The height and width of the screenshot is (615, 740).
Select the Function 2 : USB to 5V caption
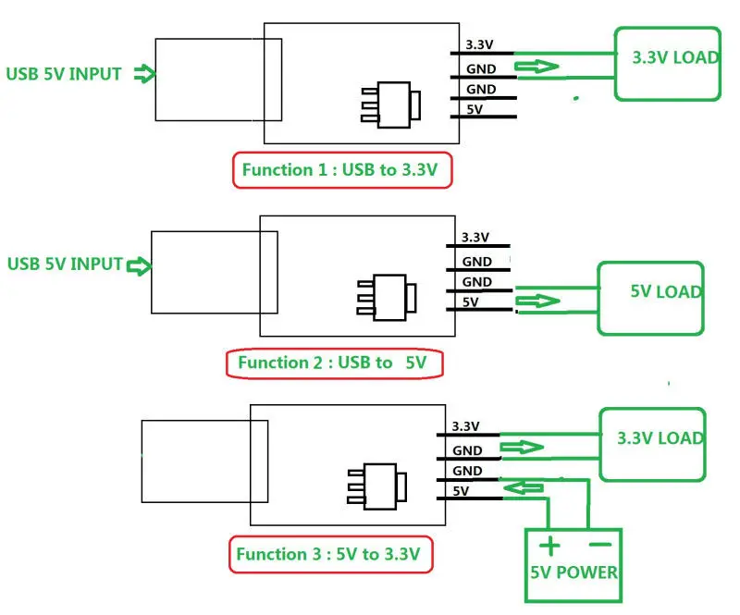point(335,363)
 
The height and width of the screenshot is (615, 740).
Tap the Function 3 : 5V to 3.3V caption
point(330,555)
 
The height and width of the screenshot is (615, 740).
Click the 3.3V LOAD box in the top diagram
point(669,63)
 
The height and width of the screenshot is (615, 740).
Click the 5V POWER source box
point(573,566)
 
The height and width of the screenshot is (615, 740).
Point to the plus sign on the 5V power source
point(550,545)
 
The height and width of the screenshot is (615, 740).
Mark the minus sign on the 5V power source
point(598,544)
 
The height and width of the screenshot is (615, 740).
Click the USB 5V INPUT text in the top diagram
point(64,74)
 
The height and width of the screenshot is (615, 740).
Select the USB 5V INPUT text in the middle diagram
point(65,264)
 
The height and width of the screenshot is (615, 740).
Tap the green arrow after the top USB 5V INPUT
point(143,74)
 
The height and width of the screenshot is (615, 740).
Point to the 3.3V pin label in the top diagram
point(479,44)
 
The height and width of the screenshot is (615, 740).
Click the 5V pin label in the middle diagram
point(470,301)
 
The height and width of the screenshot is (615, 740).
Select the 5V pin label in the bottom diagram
point(462,491)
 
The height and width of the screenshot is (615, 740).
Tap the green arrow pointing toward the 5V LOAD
point(539,301)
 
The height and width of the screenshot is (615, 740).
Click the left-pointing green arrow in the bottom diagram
point(524,486)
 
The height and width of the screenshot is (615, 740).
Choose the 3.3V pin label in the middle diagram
point(475,238)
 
